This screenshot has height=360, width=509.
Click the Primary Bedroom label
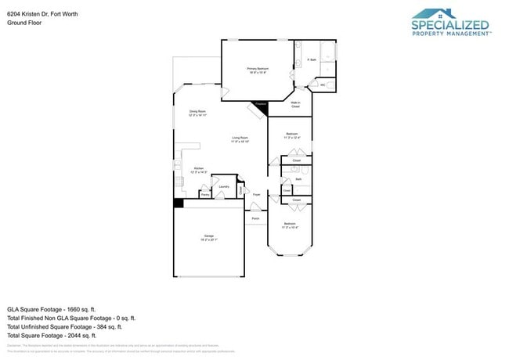[258, 70]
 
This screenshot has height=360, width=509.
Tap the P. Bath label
[311, 59]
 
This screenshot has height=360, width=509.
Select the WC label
[323, 85]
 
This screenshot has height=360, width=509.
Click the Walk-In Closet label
[296, 104]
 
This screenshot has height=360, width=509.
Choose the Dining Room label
[197, 113]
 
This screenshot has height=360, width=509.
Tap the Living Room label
[240, 139]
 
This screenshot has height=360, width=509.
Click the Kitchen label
[199, 169]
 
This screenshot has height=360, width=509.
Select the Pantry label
[204, 194]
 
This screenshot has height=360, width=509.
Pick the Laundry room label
[224, 187]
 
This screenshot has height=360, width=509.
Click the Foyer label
[256, 193]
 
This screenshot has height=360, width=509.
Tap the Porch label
[255, 218]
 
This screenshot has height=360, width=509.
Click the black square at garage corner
[179, 203]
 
